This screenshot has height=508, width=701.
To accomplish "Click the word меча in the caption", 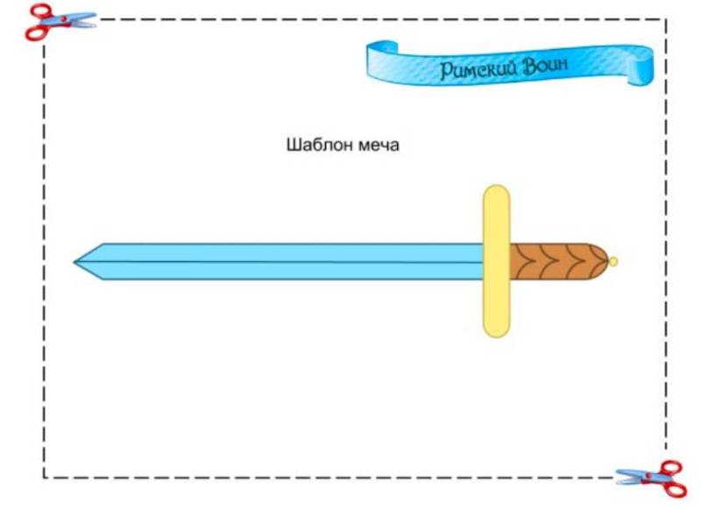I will click(x=379, y=145).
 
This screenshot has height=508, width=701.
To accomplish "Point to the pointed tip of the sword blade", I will click(x=76, y=261).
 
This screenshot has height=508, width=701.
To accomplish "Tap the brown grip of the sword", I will click(x=552, y=261).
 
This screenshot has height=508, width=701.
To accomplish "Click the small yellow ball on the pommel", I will click(x=613, y=261).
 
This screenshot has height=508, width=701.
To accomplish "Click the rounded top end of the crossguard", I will click(x=496, y=193).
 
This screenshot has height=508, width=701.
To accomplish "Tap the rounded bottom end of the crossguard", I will click(x=496, y=329).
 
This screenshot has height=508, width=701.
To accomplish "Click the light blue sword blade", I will click(x=280, y=261).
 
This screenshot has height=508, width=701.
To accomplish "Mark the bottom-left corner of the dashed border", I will click(x=44, y=477).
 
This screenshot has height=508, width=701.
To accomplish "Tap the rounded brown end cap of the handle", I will click(x=599, y=261).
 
